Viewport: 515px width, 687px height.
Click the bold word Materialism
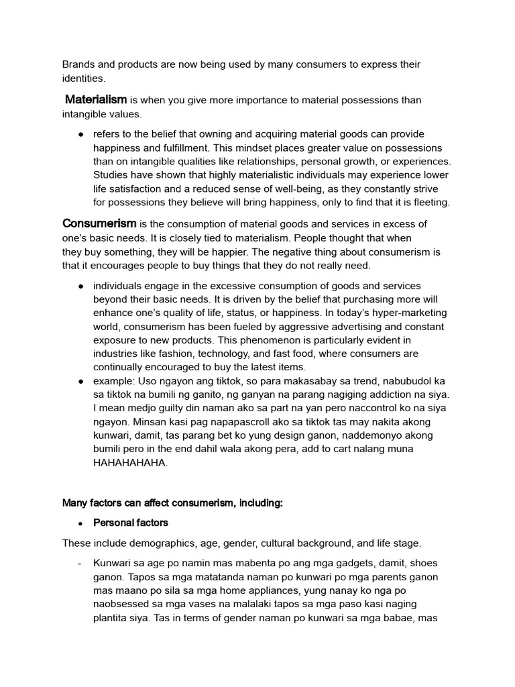[96, 100]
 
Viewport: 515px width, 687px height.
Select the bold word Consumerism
[99, 223]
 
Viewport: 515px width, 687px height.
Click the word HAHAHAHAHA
[129, 462]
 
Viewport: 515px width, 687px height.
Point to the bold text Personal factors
[131, 522]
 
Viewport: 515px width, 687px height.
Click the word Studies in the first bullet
[111, 174]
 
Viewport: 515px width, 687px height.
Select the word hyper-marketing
[406, 313]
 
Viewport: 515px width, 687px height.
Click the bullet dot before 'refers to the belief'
[80, 134]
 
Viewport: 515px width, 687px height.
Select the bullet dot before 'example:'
[80, 380]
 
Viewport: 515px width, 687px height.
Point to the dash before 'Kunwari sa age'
[80, 564]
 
